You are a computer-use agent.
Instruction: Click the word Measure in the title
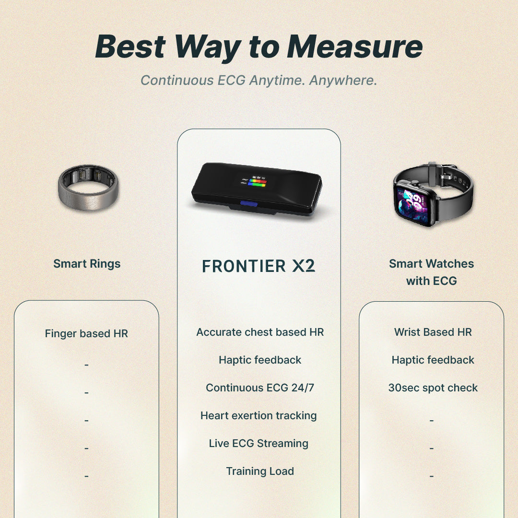[x=355, y=47]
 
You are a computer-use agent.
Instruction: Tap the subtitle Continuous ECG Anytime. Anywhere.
[x=259, y=80]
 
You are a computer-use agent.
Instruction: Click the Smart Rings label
[x=87, y=264]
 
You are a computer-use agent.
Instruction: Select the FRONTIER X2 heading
[x=259, y=266]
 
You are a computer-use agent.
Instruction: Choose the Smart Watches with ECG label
[x=431, y=272]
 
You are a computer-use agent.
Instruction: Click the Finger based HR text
[x=86, y=333]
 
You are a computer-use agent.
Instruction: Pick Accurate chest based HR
[x=260, y=332]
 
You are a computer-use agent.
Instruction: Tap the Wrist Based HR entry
[x=433, y=332]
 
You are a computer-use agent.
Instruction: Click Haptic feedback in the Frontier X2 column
[x=260, y=360]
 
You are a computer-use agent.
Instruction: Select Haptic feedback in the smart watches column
[x=433, y=360]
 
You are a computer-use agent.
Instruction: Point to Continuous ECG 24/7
[x=260, y=388]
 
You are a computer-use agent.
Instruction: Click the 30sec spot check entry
[x=433, y=388]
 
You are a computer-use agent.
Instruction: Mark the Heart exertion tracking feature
[x=259, y=415]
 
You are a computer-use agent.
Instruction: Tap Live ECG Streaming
[x=259, y=443]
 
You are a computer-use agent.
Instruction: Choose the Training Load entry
[x=260, y=471]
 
